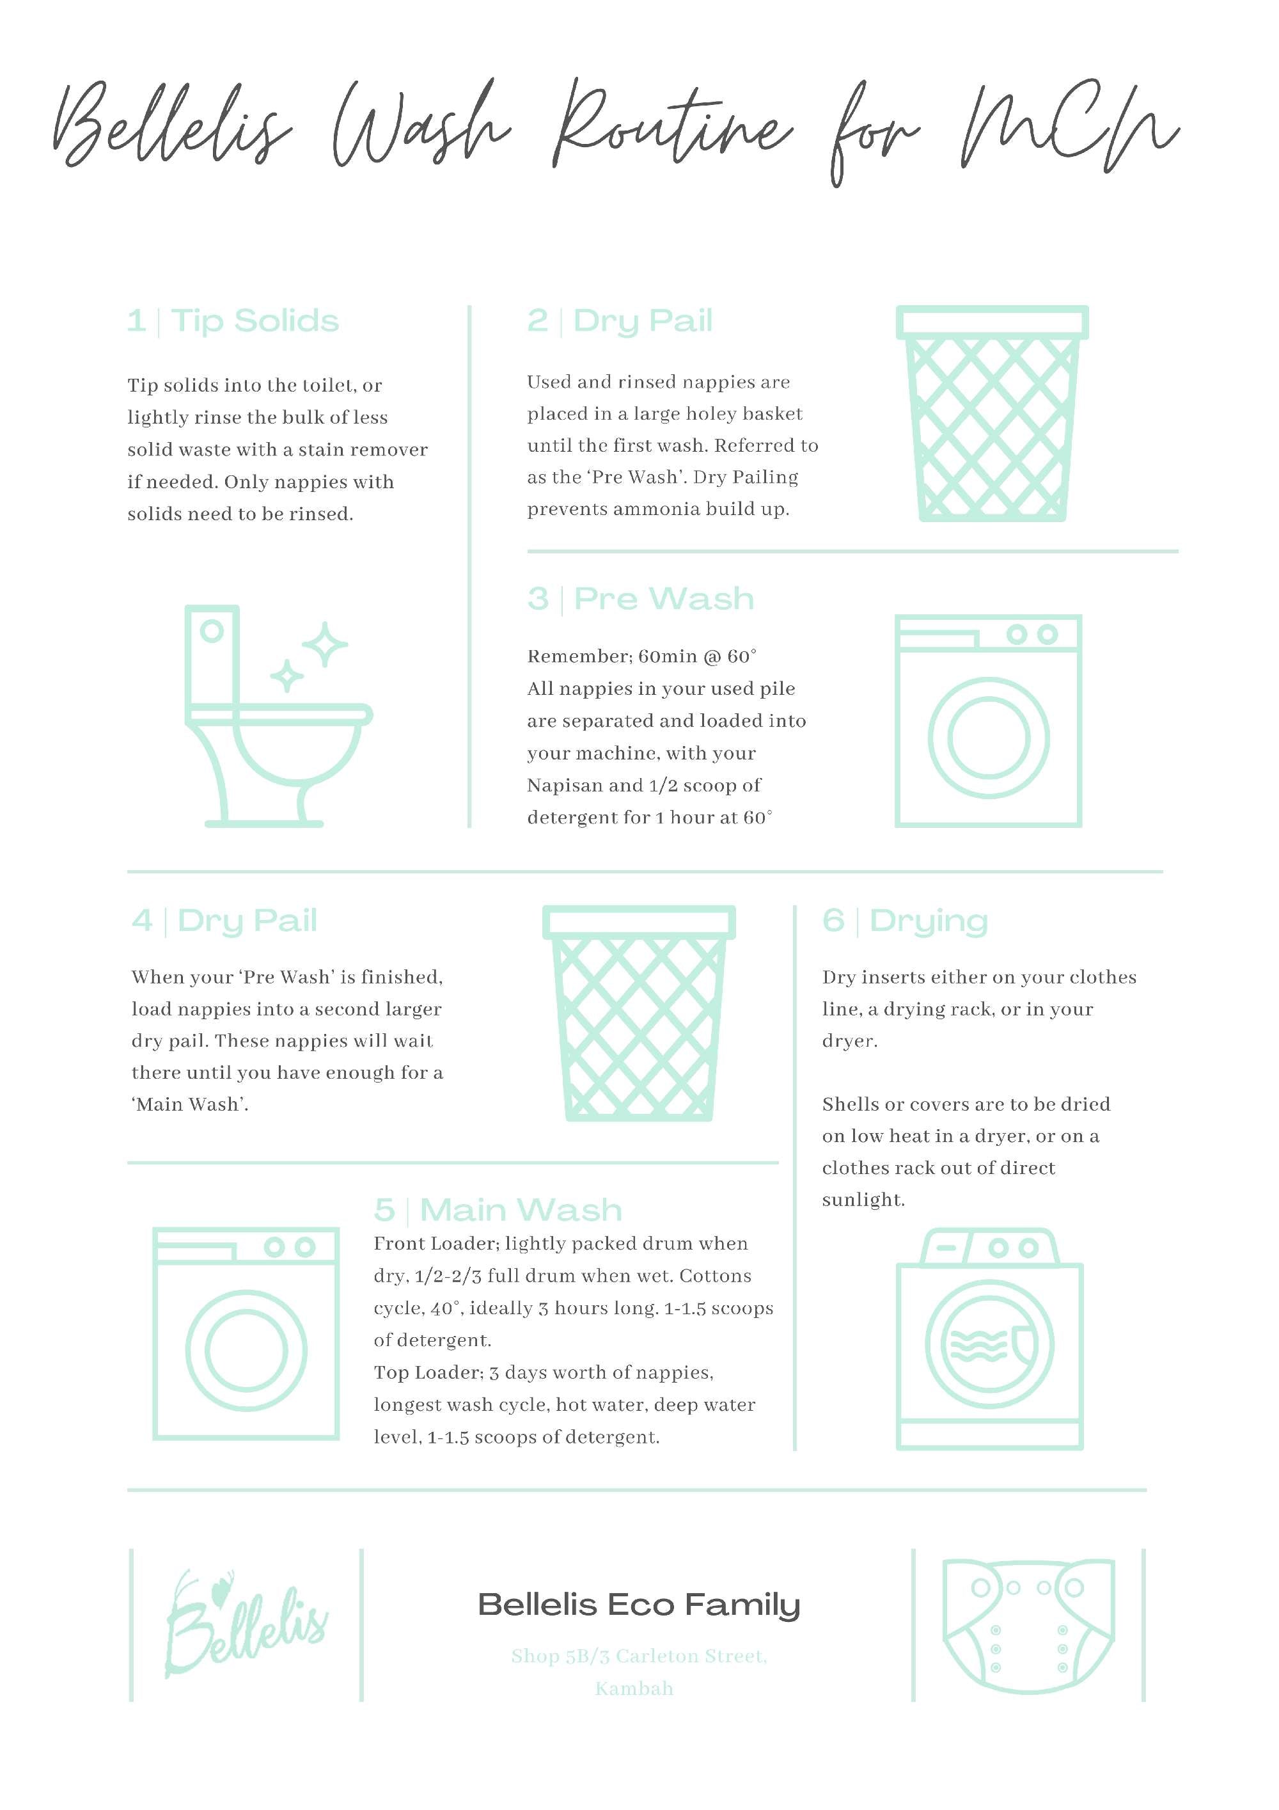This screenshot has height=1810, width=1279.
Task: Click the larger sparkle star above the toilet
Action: coord(324,644)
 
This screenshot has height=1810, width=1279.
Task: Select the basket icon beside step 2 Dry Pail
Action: coord(992,414)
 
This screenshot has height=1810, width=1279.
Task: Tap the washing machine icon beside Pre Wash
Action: coord(988,720)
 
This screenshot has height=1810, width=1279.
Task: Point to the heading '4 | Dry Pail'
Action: coord(224,921)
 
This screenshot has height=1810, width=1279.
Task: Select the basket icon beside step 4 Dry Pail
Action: coord(639,1014)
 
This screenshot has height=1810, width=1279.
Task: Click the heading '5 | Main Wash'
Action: coord(498,1210)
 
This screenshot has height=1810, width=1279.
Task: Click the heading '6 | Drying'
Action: coord(905,921)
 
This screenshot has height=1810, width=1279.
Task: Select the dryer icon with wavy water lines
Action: coord(989,1339)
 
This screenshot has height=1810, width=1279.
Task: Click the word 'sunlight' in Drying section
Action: coord(862,1200)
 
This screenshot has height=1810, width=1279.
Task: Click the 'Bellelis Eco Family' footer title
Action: coord(639,1604)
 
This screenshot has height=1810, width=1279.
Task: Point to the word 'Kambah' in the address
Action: coord(634,1688)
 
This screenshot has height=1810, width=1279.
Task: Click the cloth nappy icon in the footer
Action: coord(1028,1626)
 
